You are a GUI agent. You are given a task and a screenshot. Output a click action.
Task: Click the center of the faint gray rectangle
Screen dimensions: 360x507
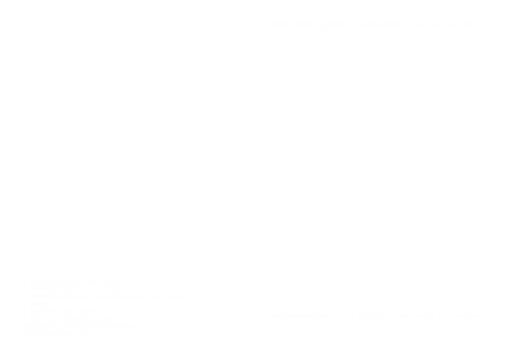[103, 306]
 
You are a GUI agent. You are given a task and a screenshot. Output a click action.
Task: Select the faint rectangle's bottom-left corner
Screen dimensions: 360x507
[23, 334]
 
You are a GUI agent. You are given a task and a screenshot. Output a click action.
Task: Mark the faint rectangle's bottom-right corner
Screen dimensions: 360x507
[184, 334]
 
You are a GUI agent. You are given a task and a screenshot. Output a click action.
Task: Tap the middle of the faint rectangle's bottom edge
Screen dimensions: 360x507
[103, 334]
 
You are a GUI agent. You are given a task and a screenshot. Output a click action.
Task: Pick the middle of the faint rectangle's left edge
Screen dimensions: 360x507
[23, 306]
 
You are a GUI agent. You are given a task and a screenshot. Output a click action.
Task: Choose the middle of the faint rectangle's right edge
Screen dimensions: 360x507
[184, 306]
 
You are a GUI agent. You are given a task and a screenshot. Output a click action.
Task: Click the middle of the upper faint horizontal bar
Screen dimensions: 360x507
[364, 24]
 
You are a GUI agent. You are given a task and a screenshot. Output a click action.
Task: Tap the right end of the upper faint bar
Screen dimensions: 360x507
[479, 24]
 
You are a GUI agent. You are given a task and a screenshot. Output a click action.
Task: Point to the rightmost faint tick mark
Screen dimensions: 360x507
[374, 265]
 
